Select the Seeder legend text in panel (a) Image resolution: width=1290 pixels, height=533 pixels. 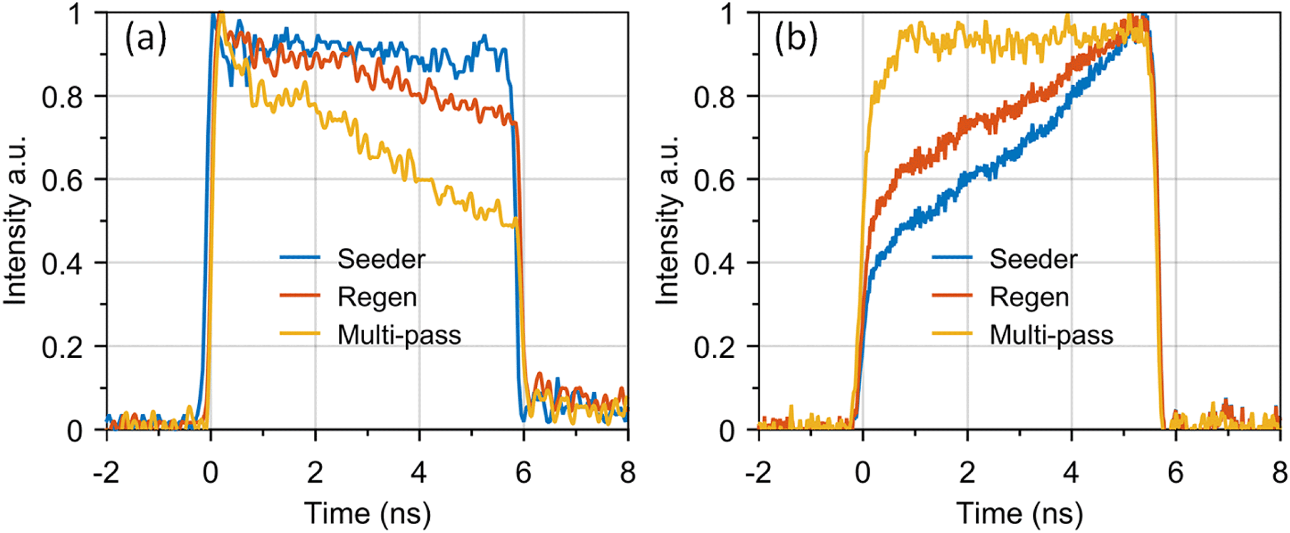[x=381, y=259]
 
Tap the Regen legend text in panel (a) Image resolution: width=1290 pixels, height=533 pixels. [x=377, y=297]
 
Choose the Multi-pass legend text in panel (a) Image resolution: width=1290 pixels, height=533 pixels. [x=399, y=335]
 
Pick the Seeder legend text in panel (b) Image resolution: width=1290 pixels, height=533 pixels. [x=1033, y=259]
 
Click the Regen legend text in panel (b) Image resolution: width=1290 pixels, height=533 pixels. [x=1029, y=297]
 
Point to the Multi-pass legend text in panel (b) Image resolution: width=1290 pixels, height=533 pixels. [x=1051, y=335]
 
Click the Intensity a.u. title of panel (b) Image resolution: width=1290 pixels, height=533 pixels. [x=667, y=221]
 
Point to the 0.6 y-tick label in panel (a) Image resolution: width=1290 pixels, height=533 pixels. [x=62, y=180]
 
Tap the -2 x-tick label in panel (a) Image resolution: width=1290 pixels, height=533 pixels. [x=106, y=473]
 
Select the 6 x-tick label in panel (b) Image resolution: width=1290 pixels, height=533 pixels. [x=1176, y=473]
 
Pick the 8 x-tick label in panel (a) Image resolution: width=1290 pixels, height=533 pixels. [x=628, y=473]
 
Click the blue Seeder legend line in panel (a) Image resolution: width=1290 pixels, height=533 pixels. [x=300, y=257]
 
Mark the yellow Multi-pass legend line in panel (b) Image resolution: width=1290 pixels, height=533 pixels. [x=951, y=333]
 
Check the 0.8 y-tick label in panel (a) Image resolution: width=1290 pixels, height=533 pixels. [x=62, y=97]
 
